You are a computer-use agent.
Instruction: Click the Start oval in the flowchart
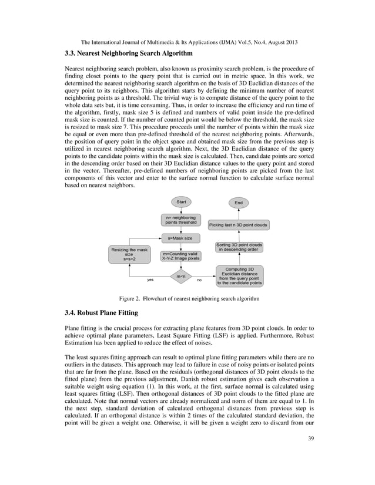[x=181, y=202]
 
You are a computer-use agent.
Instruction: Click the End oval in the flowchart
[x=238, y=203]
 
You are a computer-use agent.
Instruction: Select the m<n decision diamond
[x=181, y=276]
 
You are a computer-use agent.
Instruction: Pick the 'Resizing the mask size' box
[x=129, y=254]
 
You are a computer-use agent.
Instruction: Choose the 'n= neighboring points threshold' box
[x=181, y=220]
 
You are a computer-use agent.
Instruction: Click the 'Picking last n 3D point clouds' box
[x=238, y=225]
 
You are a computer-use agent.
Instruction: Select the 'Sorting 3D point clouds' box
[x=239, y=247]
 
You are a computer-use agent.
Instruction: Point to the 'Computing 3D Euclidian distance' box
[x=239, y=275]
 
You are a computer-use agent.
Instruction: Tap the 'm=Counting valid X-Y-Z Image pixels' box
[x=181, y=255]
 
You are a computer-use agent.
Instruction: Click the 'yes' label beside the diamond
[x=150, y=280]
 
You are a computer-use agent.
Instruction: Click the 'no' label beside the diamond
[x=199, y=280]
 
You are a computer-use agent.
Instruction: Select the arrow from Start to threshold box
[x=181, y=210]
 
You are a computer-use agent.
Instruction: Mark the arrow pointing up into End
[x=238, y=214]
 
